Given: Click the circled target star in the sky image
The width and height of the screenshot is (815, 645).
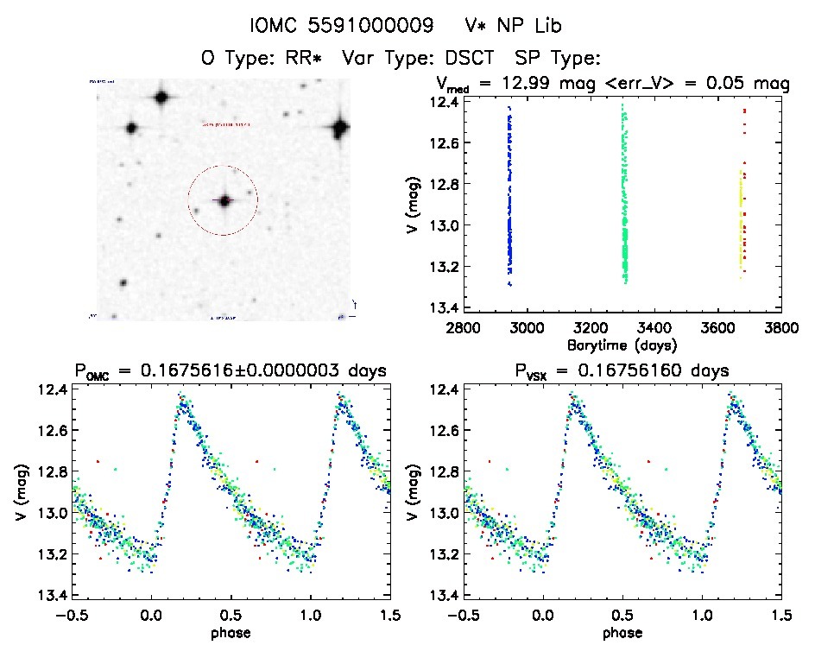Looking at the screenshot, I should pos(224,200).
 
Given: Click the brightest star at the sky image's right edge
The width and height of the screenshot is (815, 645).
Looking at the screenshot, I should pos(340,130).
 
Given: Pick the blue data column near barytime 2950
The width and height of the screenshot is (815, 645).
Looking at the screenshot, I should pos(509,199).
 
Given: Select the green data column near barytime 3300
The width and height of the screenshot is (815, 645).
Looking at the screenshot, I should pos(624,199).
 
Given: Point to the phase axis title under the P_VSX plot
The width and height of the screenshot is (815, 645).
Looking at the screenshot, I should pos(622,632).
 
